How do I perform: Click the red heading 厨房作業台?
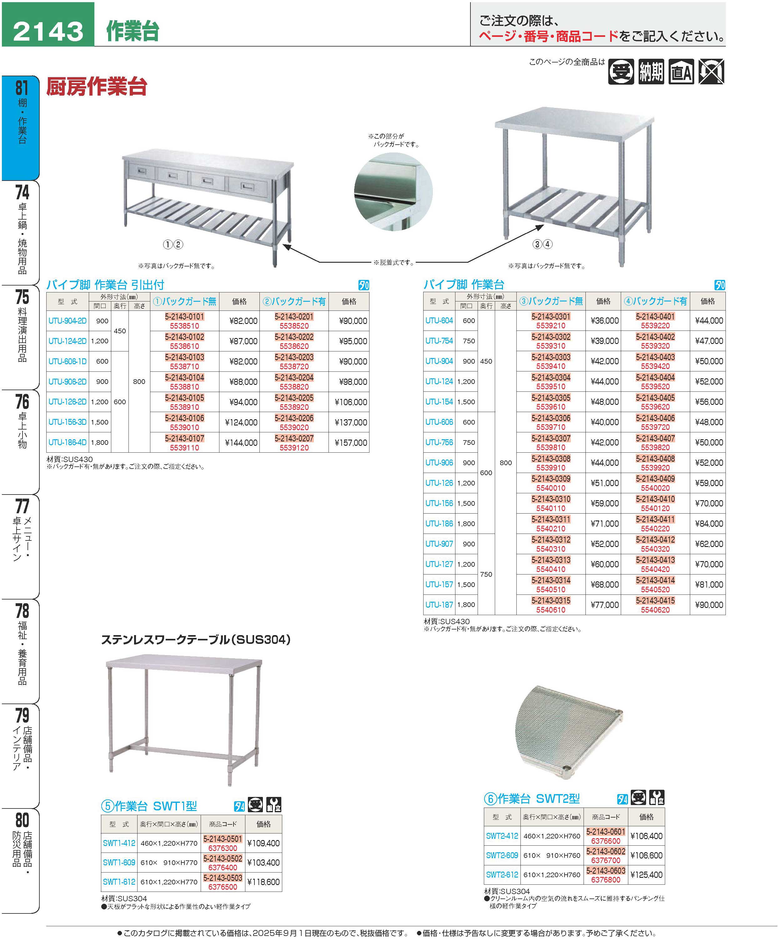(x=97, y=87)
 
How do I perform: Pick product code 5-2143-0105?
(x=184, y=398)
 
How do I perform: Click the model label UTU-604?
(x=439, y=321)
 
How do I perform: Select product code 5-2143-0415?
(x=655, y=601)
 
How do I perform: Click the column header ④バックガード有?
(x=655, y=301)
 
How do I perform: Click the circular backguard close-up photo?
(x=393, y=192)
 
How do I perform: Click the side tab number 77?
(x=22, y=506)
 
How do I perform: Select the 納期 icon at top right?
(x=651, y=72)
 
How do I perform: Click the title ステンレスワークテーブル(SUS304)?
(x=196, y=639)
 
